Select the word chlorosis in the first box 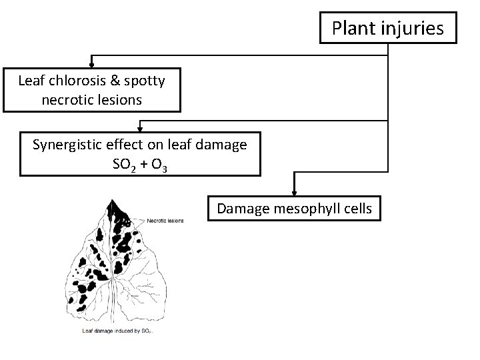click(x=73, y=81)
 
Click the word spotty click(x=143, y=81)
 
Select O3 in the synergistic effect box click(x=158, y=164)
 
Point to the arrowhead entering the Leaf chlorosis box click(x=91, y=65)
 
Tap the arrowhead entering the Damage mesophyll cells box click(x=294, y=193)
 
